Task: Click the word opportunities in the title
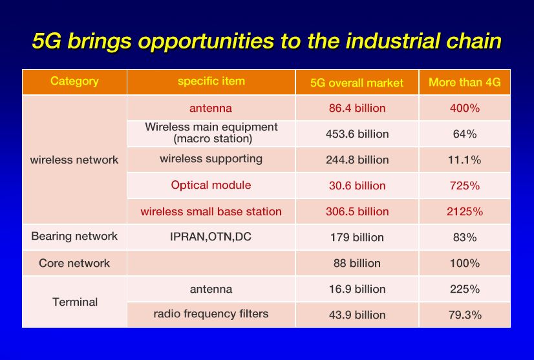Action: click(x=206, y=42)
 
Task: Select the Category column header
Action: click(x=74, y=81)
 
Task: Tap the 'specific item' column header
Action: click(x=211, y=81)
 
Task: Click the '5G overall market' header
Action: click(x=357, y=83)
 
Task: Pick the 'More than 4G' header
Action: click(x=465, y=82)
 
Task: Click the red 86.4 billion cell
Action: click(x=358, y=108)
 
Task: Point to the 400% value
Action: click(x=465, y=108)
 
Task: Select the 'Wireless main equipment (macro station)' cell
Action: click(x=211, y=132)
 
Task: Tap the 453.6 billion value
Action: click(x=358, y=134)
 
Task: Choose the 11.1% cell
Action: click(x=465, y=160)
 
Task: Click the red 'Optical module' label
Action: click(x=211, y=185)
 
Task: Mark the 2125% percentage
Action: click(x=465, y=211)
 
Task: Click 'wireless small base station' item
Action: click(x=211, y=211)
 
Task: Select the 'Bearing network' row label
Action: click(x=74, y=237)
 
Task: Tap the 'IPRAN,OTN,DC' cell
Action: click(x=211, y=237)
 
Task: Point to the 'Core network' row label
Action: click(x=74, y=263)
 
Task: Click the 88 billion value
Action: click(x=357, y=263)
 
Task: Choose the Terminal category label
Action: click(x=75, y=302)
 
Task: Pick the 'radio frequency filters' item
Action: click(x=211, y=313)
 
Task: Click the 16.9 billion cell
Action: click(x=358, y=289)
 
